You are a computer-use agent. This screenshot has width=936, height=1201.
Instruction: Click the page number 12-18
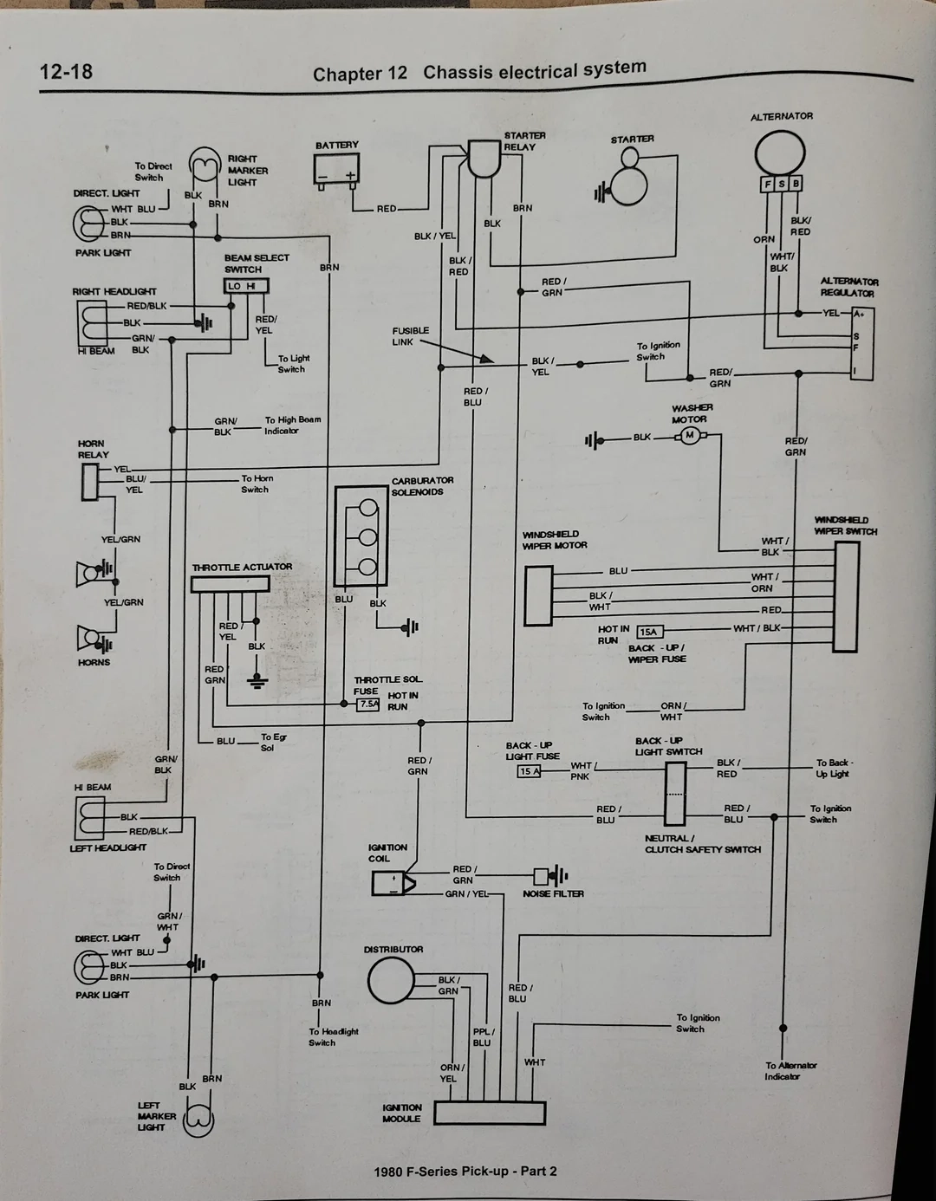66,71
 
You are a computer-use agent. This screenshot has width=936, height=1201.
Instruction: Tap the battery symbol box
336,170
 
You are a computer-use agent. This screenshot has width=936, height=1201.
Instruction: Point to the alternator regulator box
861,343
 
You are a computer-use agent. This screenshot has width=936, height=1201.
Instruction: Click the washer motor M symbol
690,435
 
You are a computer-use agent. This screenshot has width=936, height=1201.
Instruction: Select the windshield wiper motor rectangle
538,595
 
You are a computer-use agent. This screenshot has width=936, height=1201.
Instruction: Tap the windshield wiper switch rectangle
846,597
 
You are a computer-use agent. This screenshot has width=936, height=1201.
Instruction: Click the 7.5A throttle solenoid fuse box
368,704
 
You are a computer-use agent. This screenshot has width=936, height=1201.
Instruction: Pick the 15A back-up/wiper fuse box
648,632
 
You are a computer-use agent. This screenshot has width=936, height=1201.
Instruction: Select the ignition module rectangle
490,1113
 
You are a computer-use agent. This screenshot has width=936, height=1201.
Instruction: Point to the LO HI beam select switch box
246,286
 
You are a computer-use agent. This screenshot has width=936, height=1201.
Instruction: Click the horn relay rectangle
90,482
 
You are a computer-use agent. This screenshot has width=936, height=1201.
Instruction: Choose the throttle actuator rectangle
230,584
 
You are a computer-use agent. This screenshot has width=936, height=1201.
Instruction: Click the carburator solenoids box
361,536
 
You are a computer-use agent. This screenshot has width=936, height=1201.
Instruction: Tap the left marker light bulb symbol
198,1118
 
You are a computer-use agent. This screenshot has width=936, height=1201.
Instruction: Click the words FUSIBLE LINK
410,336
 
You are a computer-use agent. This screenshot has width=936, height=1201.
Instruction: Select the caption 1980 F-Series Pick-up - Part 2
465,1172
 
